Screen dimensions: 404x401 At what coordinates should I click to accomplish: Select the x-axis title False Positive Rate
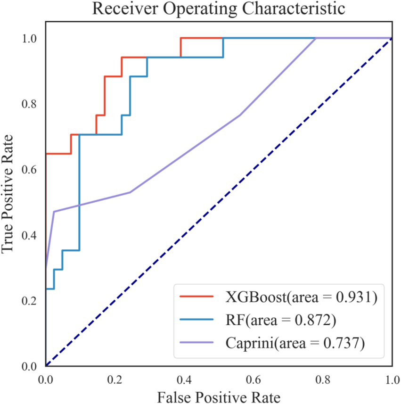[x=219, y=395]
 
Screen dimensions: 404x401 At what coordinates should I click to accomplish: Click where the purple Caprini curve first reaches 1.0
[x=315, y=38]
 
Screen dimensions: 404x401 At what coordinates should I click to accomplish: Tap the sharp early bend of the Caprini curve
[x=54, y=212]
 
